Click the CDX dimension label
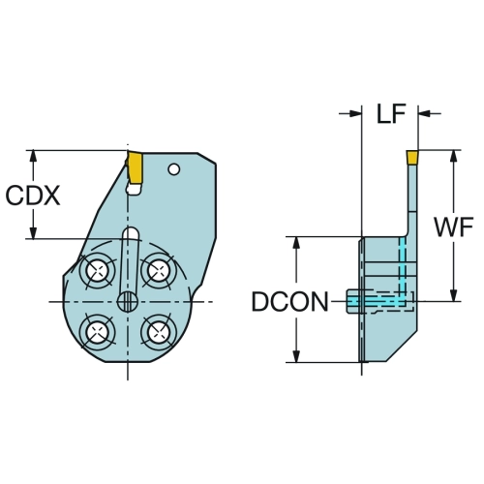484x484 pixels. pos(33,196)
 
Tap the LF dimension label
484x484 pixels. pos(391,113)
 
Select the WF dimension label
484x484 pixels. pos(454,227)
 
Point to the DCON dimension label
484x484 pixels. pos(289,302)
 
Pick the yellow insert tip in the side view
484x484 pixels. pos(412,157)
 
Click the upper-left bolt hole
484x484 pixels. pos(97,270)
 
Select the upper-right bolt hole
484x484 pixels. pos(158,270)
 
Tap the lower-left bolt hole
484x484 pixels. pos(97,332)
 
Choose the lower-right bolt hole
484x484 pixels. pos(158,332)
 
